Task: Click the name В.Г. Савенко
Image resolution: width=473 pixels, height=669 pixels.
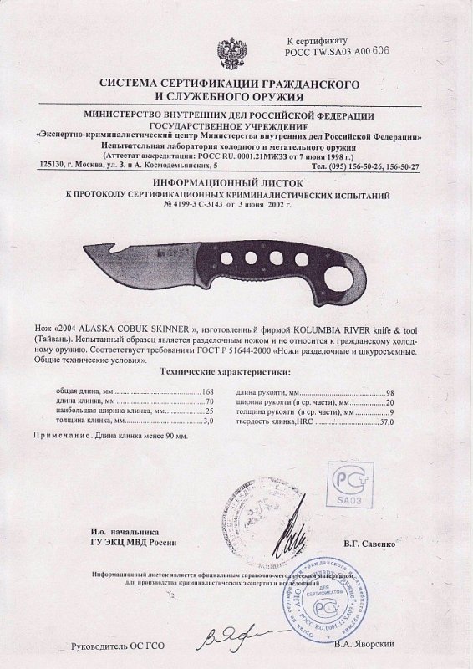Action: pyautogui.click(x=374, y=544)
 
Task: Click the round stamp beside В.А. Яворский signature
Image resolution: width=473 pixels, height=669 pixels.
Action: pyautogui.click(x=326, y=606)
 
